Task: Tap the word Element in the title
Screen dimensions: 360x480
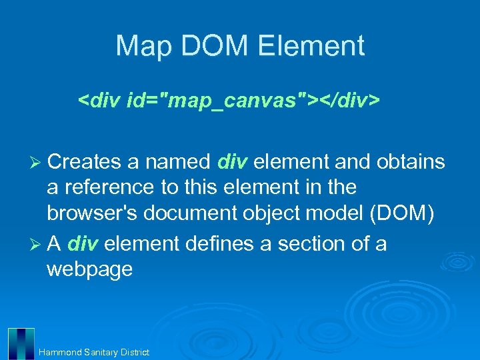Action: tap(311, 46)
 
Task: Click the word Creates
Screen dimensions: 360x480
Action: tap(85, 162)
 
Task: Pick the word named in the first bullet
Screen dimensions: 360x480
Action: tap(178, 162)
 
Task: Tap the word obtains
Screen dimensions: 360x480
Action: tap(411, 162)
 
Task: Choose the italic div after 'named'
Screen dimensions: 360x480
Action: tap(233, 162)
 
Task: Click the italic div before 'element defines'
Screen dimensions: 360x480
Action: tap(83, 244)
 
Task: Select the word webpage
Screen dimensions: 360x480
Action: tap(89, 269)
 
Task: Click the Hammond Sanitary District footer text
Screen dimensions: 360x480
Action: tap(94, 352)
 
